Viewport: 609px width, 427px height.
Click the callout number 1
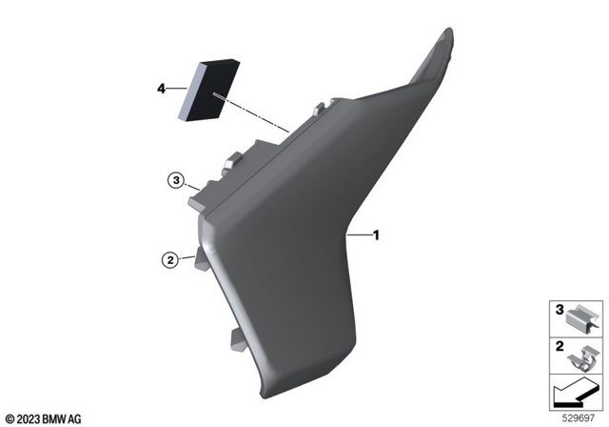377,234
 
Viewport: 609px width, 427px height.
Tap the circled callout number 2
168,259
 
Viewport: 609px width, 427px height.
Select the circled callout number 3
175,180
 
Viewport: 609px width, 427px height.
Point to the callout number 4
161,90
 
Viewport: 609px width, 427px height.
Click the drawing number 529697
580,417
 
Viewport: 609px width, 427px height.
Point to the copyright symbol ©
10,418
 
